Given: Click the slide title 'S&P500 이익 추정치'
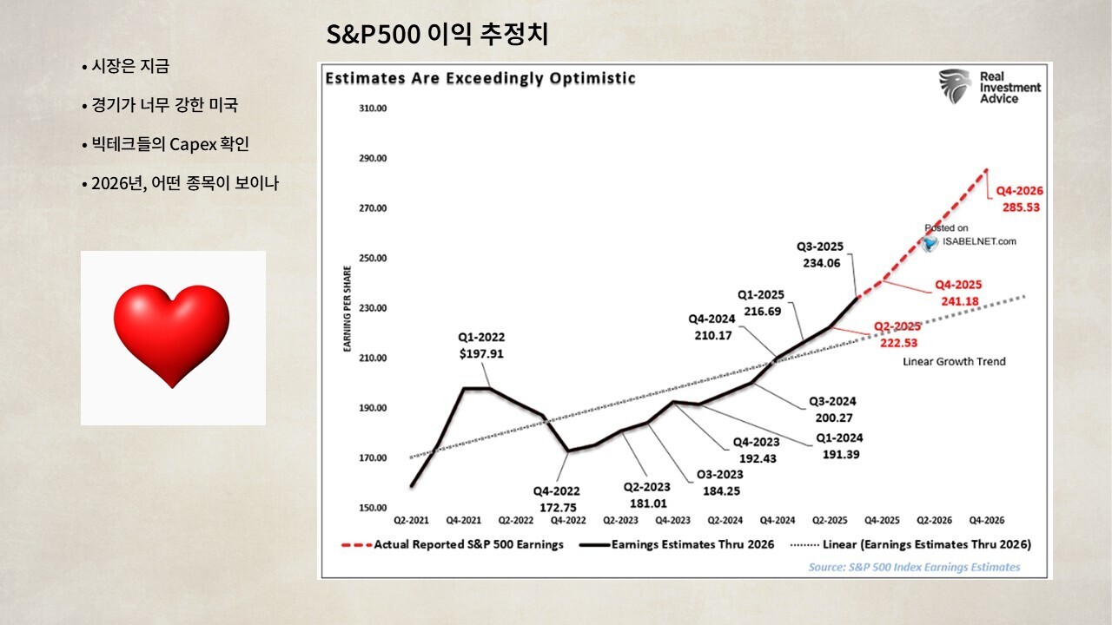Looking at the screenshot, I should point(436,36).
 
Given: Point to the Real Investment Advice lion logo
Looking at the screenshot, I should point(954,87).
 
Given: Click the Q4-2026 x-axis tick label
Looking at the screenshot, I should point(986,521).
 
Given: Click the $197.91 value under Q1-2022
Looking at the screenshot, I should point(480,354).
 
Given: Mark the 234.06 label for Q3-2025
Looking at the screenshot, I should point(822,263).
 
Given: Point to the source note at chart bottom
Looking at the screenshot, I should point(914,567).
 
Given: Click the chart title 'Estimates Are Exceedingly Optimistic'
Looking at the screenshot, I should point(480,79).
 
